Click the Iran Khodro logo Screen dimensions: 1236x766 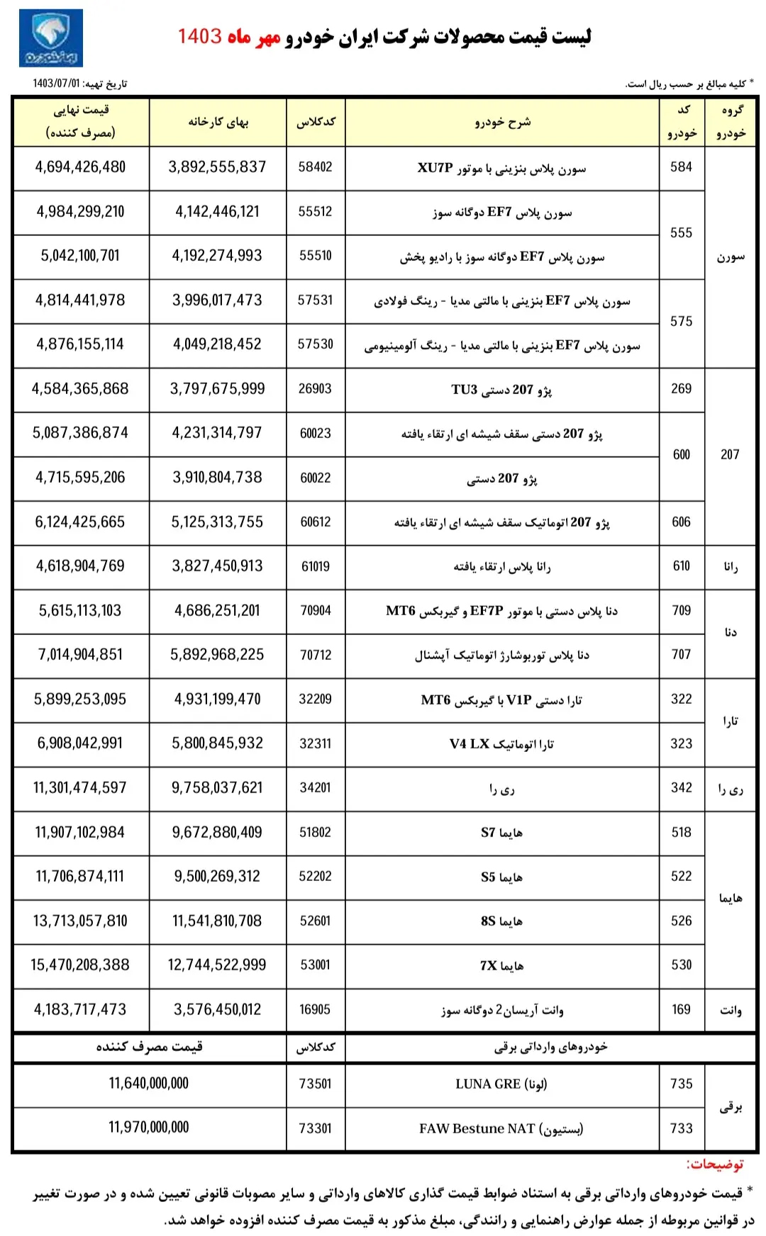(x=51, y=38)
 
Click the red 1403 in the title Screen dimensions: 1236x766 (x=199, y=36)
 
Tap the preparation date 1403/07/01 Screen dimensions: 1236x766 (x=57, y=84)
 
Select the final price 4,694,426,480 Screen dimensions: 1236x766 (x=80, y=167)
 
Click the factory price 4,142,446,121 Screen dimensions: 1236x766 (x=217, y=212)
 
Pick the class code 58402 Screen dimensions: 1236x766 (x=316, y=167)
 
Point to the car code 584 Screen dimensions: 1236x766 (x=681, y=167)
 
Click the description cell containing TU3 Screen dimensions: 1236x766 (x=501, y=389)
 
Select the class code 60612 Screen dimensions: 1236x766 (x=316, y=522)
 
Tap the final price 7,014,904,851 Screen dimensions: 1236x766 (x=80, y=655)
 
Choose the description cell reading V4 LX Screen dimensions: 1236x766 (x=501, y=743)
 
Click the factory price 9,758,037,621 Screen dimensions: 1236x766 (x=217, y=788)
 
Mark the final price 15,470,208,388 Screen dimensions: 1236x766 (x=80, y=965)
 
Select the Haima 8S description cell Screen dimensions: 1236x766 (x=501, y=921)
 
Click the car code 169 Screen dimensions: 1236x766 (x=681, y=1009)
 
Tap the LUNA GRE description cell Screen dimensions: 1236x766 (x=501, y=1084)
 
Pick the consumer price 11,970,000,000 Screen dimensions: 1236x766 (x=149, y=1128)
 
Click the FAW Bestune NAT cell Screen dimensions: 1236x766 (x=501, y=1128)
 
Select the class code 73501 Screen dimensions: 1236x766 (x=316, y=1084)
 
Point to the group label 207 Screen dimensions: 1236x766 (x=730, y=455)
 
